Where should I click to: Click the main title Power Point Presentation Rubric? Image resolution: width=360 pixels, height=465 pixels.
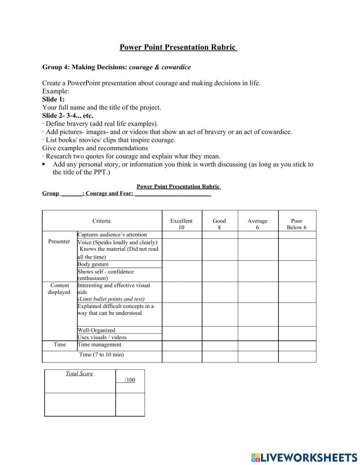178,47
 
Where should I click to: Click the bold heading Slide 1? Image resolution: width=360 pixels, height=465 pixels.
53,99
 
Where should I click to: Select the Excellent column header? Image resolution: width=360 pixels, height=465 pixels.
181,224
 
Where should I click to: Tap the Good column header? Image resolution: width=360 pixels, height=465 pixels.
219,224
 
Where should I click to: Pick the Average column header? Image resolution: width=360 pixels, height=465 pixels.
257,224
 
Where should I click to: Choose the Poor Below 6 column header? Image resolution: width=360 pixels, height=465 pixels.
297,224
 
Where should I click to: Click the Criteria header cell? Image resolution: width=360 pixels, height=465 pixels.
102,221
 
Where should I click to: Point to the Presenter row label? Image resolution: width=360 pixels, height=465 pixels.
59,241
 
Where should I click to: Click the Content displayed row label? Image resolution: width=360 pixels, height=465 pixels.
59,289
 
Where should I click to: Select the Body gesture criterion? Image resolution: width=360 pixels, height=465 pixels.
93,264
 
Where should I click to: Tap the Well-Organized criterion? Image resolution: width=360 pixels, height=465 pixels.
96,330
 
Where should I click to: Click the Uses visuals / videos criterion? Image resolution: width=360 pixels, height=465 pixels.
102,337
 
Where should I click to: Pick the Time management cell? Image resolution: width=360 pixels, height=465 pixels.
100,344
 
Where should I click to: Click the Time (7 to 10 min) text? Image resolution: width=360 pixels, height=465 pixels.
102,354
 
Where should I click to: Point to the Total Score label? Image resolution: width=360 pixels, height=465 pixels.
79,374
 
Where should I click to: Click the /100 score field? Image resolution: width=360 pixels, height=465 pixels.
130,380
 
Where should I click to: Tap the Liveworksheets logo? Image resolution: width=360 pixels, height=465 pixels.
304,457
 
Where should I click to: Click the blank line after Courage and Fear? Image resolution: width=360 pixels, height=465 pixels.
173,193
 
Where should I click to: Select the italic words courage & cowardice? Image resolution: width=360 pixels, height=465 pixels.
160,67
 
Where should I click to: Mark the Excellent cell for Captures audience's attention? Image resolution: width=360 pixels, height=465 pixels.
181,235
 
